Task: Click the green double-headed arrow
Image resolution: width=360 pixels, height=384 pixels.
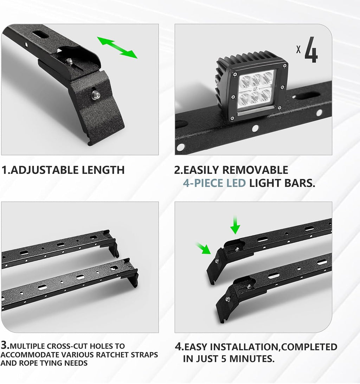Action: pyautogui.click(x=117, y=47)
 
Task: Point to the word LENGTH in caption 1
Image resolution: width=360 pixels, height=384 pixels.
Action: pyautogui.click(x=103, y=170)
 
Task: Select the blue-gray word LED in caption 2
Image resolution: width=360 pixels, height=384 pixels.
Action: pyautogui.click(x=236, y=183)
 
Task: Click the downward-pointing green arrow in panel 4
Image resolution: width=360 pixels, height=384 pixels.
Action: pyautogui.click(x=235, y=226)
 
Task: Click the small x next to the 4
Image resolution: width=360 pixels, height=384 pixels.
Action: pyautogui.click(x=298, y=49)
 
